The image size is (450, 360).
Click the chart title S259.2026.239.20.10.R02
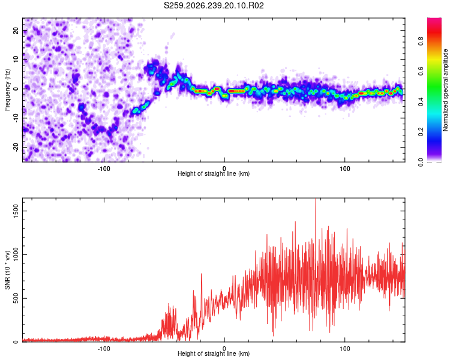click(x=214, y=5)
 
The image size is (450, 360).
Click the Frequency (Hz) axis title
click(x=7, y=90)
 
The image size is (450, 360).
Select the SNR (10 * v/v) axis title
click(x=7, y=270)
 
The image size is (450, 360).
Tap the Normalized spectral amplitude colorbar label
click(x=445, y=90)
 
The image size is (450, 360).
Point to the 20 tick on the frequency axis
click(x=16, y=30)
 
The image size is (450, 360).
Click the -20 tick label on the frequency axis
click(x=16, y=147)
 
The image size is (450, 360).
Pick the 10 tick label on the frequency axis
click(x=16, y=59)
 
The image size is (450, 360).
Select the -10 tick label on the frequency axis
click(x=16, y=118)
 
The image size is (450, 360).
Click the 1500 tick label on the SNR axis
click(x=16, y=211)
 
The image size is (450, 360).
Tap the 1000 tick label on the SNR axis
click(x=16, y=254)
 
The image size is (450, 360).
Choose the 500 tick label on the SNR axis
click(x=16, y=298)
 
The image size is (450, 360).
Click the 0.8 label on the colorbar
click(x=421, y=41)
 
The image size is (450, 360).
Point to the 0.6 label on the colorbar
click(x=421, y=71)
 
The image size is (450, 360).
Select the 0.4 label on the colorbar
click(x=421, y=101)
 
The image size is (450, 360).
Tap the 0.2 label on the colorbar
click(x=421, y=131)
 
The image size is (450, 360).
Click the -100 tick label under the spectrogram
click(x=104, y=169)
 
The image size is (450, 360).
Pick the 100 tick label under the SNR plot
click(x=344, y=349)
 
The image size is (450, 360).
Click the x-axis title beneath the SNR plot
click(x=214, y=353)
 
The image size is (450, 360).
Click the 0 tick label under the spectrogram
click(x=224, y=169)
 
